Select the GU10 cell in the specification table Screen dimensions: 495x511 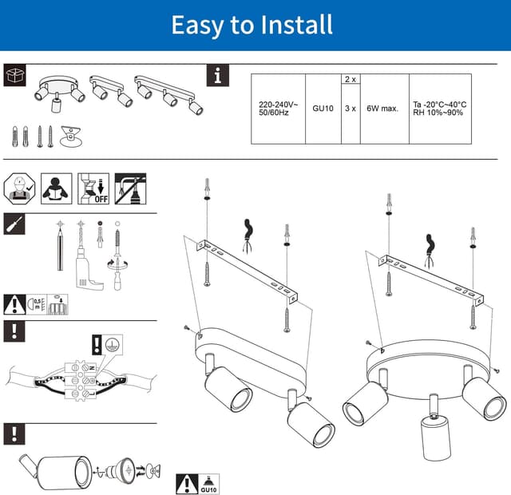click(322, 109)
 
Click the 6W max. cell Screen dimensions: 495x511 click(382, 109)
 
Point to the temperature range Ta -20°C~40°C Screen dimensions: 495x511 click(438, 104)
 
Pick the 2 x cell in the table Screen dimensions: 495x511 click(350, 80)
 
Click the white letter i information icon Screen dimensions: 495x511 click(218, 76)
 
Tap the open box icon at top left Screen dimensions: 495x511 click(14, 76)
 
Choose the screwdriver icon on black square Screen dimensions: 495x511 click(14, 224)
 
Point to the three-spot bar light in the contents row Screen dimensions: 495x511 click(168, 93)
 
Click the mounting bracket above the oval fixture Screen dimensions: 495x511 click(243, 267)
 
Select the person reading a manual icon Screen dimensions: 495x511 click(57, 188)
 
